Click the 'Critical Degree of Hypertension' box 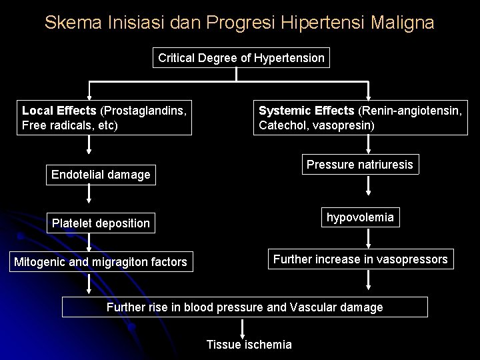coord(241,58)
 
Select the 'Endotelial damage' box coord(101,175)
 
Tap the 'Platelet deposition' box coord(101,223)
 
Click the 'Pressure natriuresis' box coord(360,164)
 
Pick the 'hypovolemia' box coord(360,217)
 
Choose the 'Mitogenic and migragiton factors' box coord(101,262)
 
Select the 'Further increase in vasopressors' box coord(359,259)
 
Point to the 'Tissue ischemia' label coord(249,345)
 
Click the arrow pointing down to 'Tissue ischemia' coord(242,329)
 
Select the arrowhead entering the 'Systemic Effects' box coord(369,97)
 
